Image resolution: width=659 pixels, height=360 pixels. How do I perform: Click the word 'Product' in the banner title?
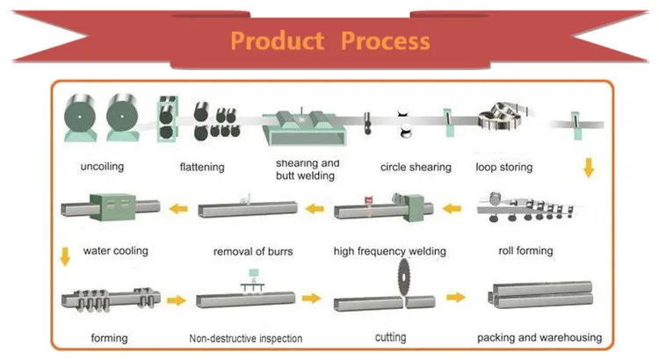278,40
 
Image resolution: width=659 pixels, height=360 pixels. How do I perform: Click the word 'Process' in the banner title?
386,40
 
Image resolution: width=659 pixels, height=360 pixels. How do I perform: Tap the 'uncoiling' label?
102,167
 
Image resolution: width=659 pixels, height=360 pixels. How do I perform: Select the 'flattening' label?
202,167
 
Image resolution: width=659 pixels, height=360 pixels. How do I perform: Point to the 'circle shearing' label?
416,167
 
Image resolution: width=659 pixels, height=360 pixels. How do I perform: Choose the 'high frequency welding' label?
390,251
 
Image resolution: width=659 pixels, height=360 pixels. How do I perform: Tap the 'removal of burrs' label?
253,251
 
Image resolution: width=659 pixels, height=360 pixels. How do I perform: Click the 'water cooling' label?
115,250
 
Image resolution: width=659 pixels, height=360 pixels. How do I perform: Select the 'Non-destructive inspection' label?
246,338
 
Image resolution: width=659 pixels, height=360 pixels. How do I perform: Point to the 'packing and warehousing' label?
539,337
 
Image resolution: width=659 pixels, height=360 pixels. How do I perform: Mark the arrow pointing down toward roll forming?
588,166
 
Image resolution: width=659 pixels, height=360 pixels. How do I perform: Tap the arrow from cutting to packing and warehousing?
454,298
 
